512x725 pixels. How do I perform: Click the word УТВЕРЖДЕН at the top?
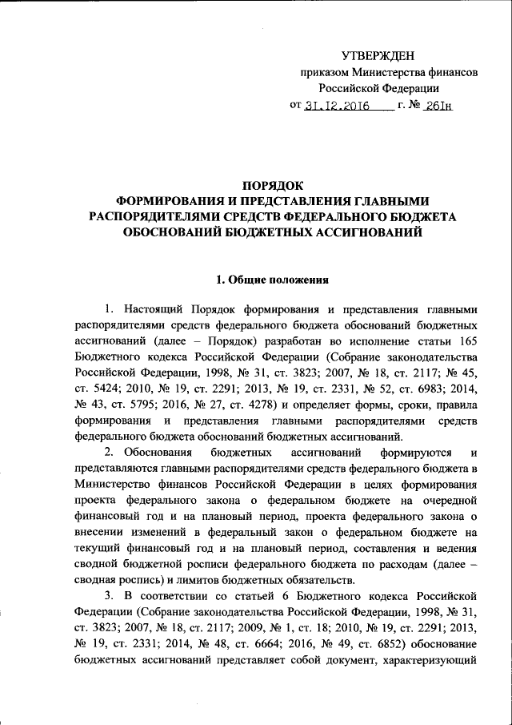pyautogui.click(x=378, y=55)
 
